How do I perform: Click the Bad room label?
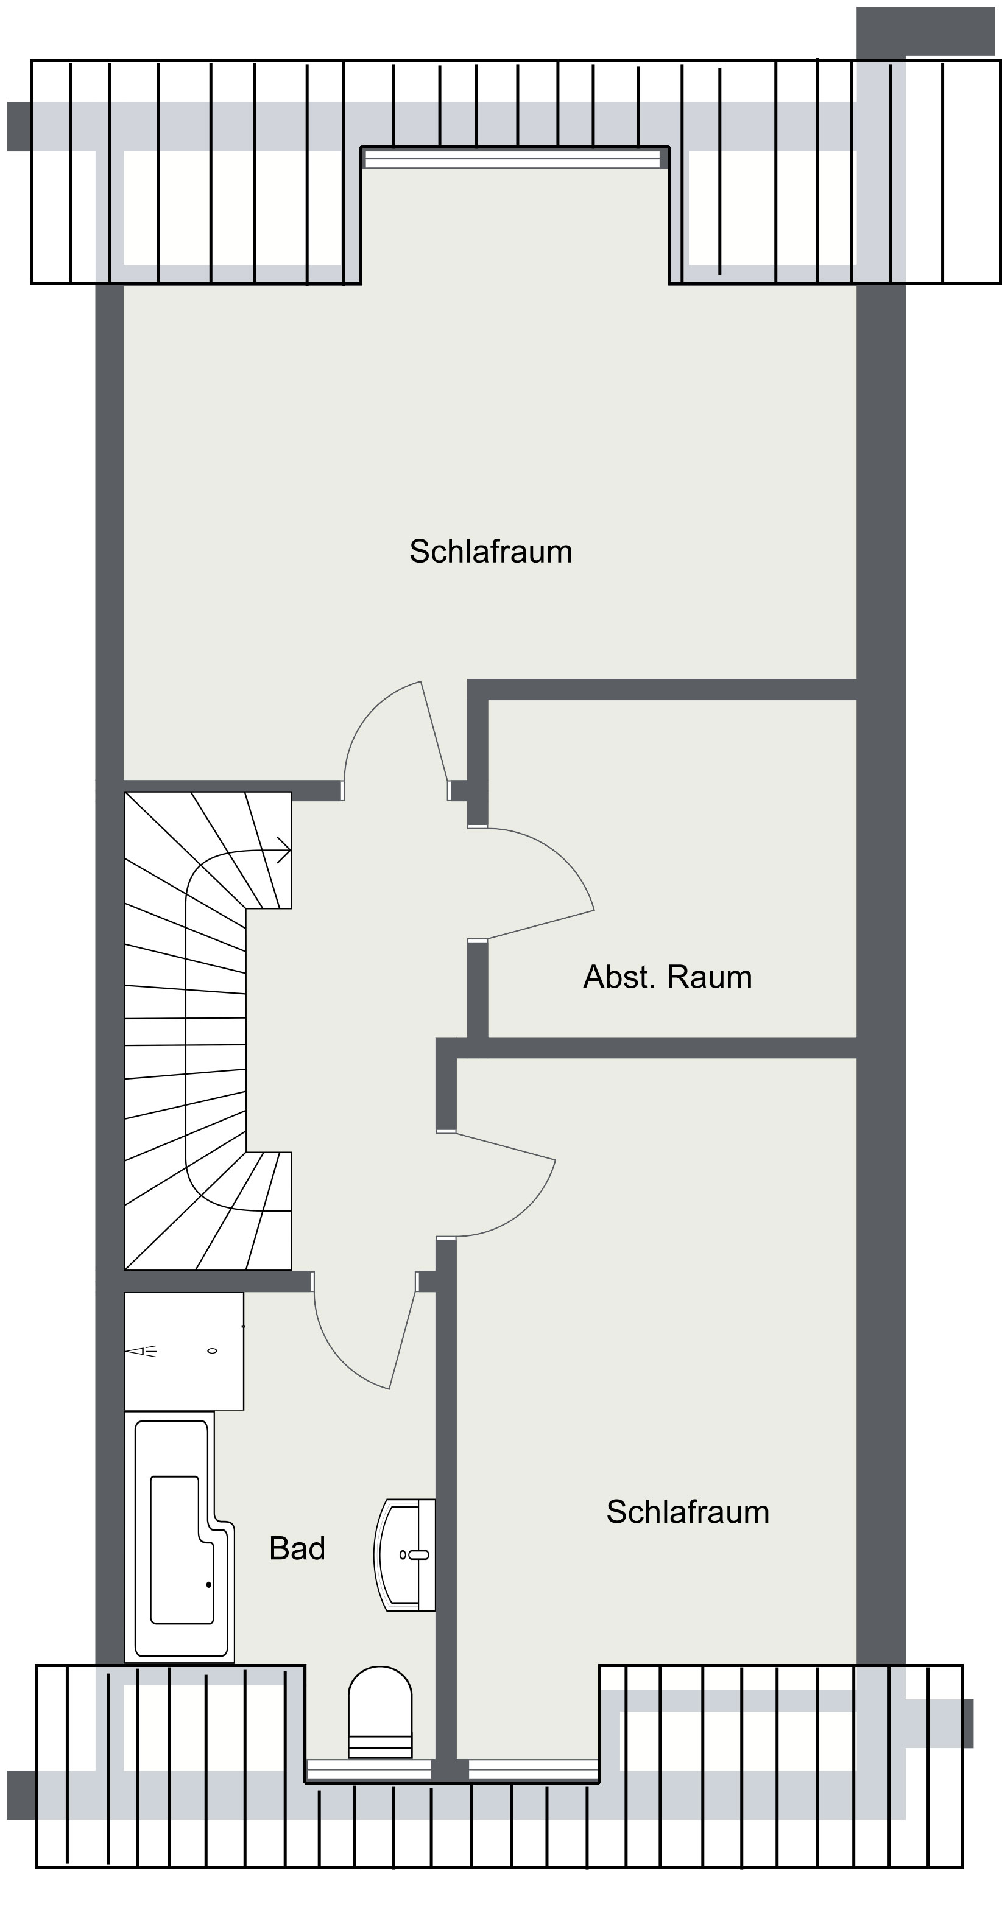[297, 1548]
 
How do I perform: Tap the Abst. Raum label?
[668, 977]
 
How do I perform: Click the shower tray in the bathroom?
[184, 1351]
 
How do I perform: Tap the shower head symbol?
[141, 1351]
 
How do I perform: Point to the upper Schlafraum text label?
[491, 552]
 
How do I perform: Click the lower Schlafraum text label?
[688, 1512]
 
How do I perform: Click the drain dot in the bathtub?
[209, 1585]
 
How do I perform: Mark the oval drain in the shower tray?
[212, 1351]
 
